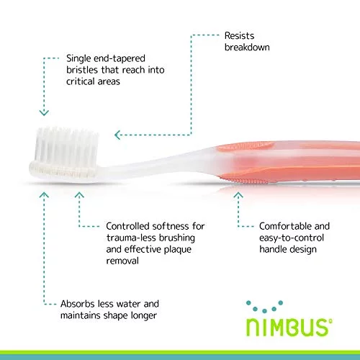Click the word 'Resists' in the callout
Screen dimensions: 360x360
[x=239, y=36]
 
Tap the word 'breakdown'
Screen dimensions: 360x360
[x=247, y=47]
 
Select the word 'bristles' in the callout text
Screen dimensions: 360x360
[x=81, y=70]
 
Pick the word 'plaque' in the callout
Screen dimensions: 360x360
[x=178, y=250]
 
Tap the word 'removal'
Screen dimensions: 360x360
[x=122, y=261]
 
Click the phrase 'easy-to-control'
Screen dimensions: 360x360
[x=292, y=238]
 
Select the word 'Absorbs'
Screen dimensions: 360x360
[x=77, y=304]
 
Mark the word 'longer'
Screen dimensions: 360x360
[x=144, y=316]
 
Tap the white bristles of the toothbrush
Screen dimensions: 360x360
[x=66, y=146]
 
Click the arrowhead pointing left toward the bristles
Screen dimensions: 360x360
[x=117, y=135]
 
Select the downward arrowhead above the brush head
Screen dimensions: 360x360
[x=44, y=113]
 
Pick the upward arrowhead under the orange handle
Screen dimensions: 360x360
[x=238, y=195]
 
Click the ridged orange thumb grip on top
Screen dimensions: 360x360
[x=246, y=146]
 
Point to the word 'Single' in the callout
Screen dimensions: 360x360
[x=78, y=59]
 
